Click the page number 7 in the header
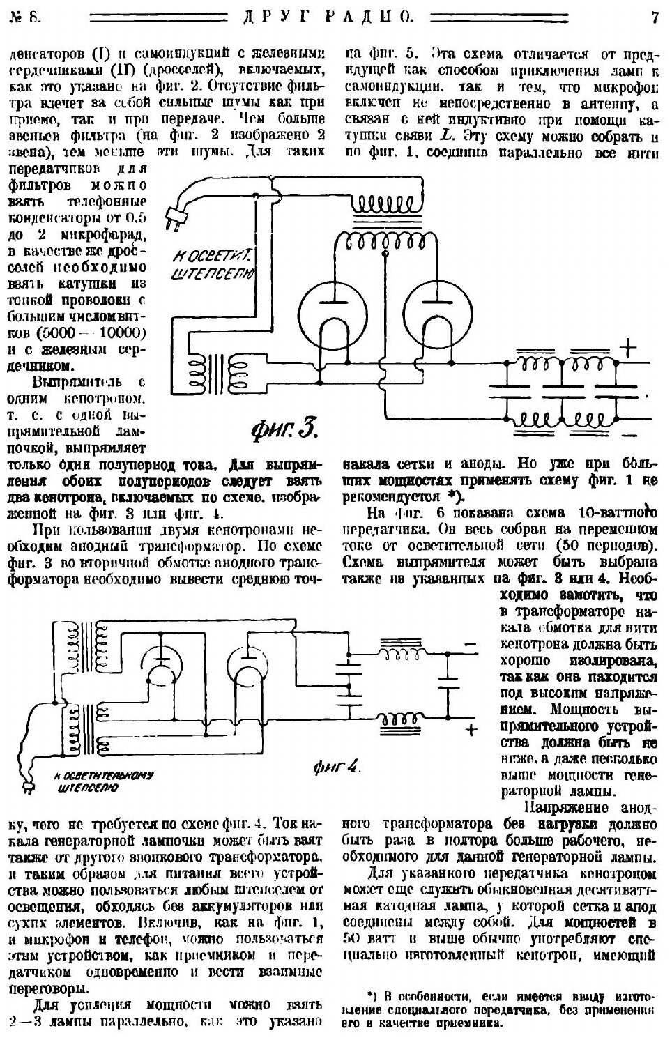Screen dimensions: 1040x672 (655, 17)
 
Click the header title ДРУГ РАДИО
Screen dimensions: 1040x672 (332, 17)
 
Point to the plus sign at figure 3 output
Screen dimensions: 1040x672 (629, 346)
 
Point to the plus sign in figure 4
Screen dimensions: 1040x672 (472, 729)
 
